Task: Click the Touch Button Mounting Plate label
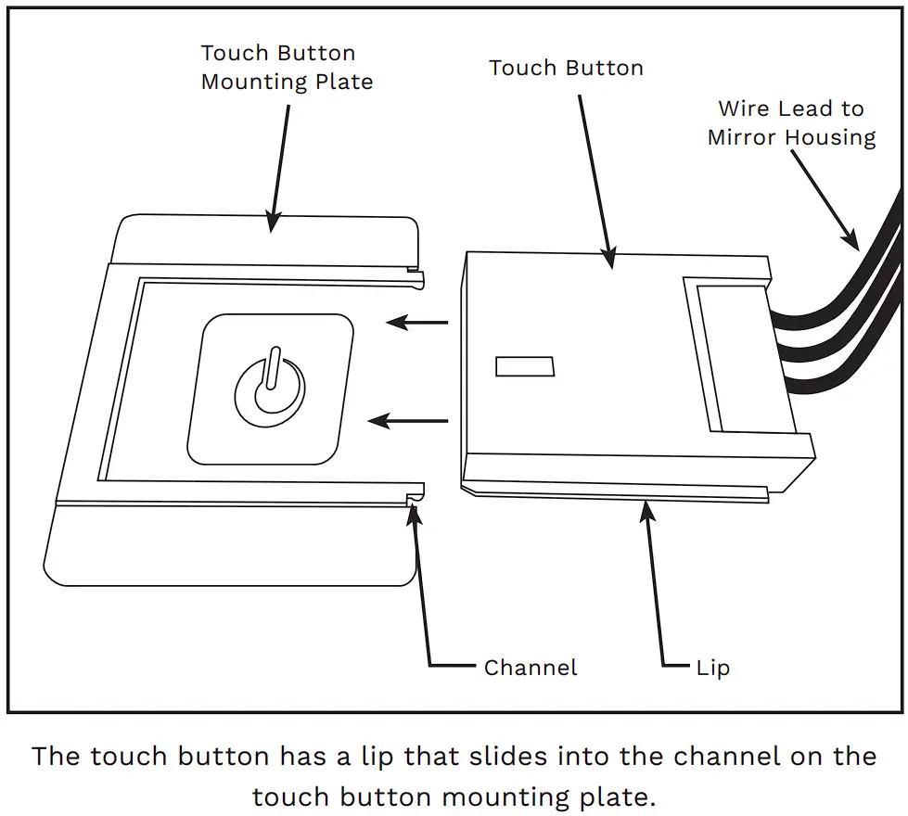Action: point(287,68)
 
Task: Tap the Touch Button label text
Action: point(566,68)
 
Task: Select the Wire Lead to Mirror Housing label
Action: point(791,123)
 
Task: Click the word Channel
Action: point(531,668)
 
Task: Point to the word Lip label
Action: point(712,668)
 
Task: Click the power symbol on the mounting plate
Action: point(270,387)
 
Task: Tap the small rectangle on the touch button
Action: point(525,366)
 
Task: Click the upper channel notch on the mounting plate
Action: point(418,274)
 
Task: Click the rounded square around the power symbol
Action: point(270,389)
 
